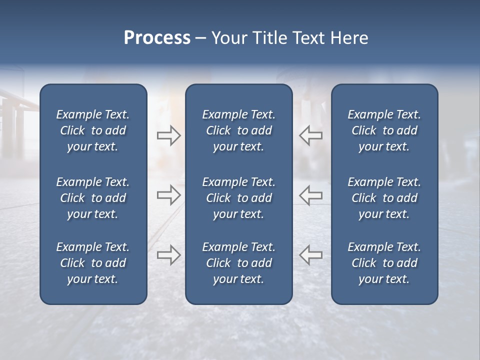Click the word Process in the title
pos(157,38)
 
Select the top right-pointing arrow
pos(168,135)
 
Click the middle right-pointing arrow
pos(168,195)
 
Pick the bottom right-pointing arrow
pos(168,254)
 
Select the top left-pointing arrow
pos(311,135)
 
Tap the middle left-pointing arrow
pos(311,195)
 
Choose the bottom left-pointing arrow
pos(311,254)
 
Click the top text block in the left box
pos(93,130)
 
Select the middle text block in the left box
pos(93,198)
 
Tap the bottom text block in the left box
pos(93,263)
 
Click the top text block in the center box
pos(238,130)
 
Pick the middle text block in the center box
pos(238,198)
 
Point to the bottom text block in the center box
pos(238,263)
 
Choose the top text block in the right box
pos(384,130)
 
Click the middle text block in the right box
pos(384,198)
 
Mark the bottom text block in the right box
pos(384,263)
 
